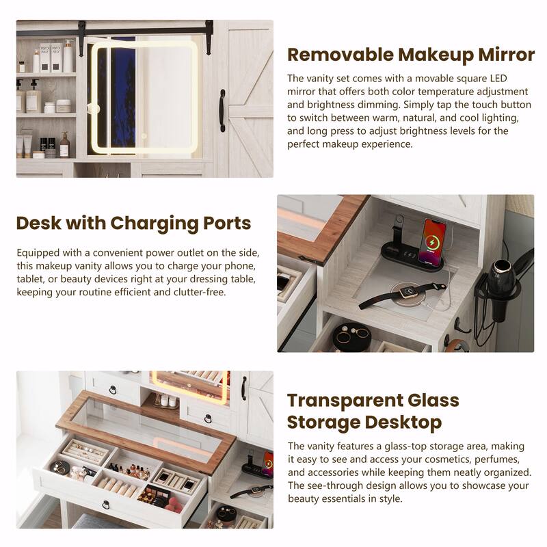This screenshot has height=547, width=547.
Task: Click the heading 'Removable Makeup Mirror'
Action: pos(411,55)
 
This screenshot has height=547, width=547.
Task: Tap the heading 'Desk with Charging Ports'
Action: pos(133,224)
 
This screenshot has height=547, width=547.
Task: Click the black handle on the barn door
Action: pos(222,111)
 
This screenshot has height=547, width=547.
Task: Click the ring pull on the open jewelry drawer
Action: pos(106,505)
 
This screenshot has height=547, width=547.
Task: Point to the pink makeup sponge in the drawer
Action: pos(174,505)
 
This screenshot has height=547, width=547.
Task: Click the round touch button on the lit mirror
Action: pos(144,135)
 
